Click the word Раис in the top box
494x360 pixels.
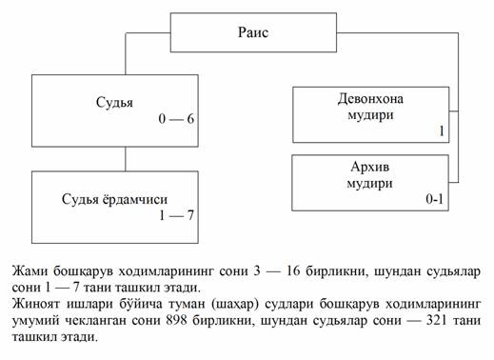coord(253,32)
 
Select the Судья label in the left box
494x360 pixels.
coord(114,103)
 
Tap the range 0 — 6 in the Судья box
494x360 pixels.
coord(176,119)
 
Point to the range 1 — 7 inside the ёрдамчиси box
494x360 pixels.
coord(176,215)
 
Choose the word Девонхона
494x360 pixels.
coord(370,99)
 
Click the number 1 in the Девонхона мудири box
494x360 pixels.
coord(442,130)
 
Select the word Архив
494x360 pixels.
coord(370,167)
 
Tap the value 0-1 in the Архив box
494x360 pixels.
coord(434,199)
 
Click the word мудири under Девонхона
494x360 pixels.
coord(370,115)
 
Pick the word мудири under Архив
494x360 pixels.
coord(369,184)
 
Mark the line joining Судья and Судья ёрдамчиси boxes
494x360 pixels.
coord(126,159)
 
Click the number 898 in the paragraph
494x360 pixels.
coord(176,320)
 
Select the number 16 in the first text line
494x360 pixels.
coord(293,271)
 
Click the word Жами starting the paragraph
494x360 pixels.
coord(30,271)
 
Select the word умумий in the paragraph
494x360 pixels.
coord(36,321)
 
